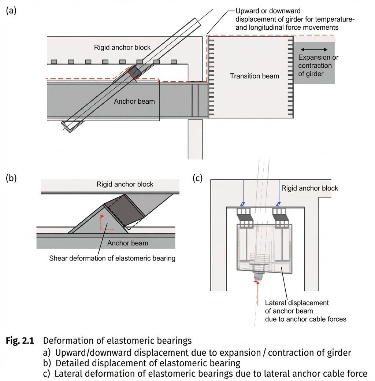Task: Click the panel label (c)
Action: (x=198, y=178)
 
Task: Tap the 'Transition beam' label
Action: (x=254, y=76)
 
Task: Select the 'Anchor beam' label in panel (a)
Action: (x=134, y=101)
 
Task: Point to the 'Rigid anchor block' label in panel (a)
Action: (x=122, y=47)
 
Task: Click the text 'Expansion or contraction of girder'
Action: (x=318, y=66)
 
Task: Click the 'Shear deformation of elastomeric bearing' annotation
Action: (x=112, y=258)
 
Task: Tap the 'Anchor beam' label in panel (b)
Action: (x=127, y=243)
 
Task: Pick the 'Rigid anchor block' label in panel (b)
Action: (x=125, y=184)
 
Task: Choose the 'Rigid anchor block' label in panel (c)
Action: (x=309, y=188)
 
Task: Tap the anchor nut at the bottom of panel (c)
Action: (x=258, y=277)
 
